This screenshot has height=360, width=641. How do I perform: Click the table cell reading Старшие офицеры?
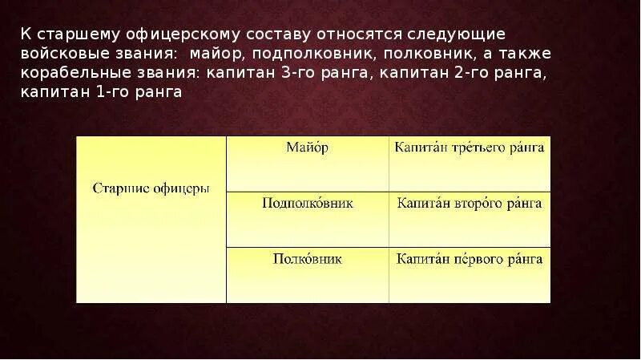coord(151,189)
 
